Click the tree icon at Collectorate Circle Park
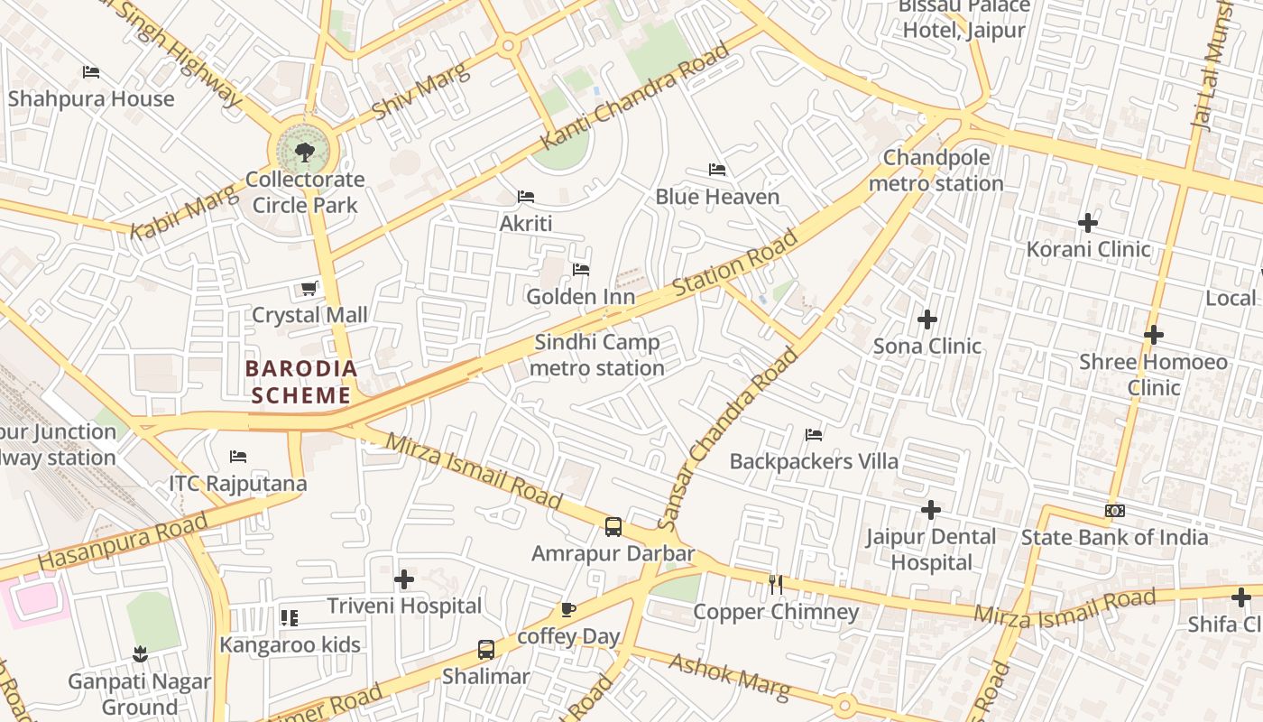click(x=305, y=151)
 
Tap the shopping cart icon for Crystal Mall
click(x=309, y=289)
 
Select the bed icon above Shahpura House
click(x=90, y=72)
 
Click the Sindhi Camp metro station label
click(x=597, y=356)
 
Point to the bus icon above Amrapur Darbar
click(x=613, y=527)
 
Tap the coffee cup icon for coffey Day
click(x=567, y=610)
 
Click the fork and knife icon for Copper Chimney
click(x=775, y=584)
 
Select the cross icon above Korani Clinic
click(x=1088, y=222)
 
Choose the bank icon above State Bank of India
click(x=1115, y=511)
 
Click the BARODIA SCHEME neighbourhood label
click(x=301, y=382)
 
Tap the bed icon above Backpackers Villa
click(x=814, y=435)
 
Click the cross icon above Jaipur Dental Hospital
click(x=931, y=510)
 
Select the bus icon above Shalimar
click(x=486, y=649)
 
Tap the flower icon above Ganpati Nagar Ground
click(x=139, y=653)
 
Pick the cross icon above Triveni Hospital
click(x=404, y=579)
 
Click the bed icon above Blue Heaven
click(x=717, y=170)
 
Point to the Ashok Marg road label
click(x=729, y=677)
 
